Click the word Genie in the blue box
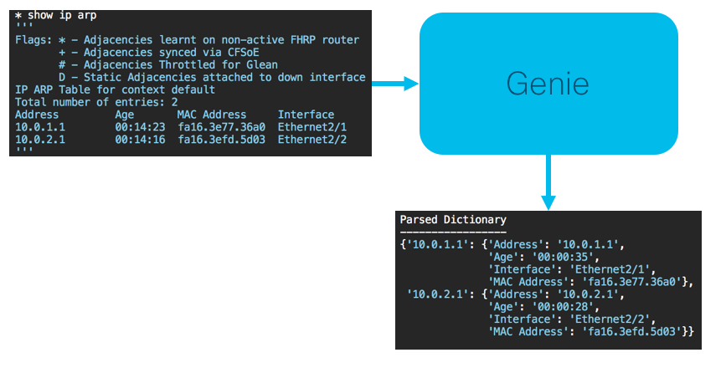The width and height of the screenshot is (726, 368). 548,84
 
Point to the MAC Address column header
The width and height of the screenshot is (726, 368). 212,115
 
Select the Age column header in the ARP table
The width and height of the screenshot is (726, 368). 125,115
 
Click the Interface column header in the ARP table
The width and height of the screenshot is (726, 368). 306,115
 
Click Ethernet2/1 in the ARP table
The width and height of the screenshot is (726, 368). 312,127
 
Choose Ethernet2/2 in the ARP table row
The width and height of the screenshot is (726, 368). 312,139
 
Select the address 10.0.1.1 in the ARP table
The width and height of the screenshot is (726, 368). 40,127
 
